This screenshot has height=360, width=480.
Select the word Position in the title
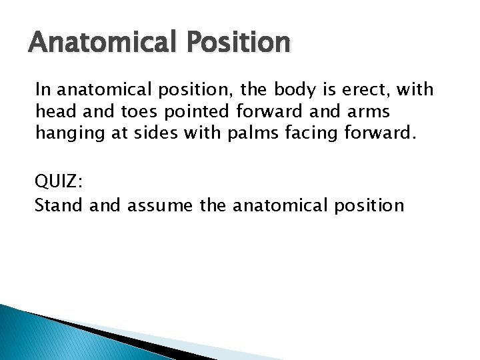(x=239, y=44)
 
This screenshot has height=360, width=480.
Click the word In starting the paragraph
(x=43, y=89)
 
